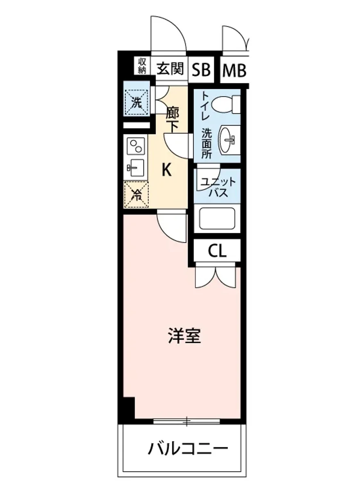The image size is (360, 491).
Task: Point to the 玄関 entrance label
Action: [x=170, y=70]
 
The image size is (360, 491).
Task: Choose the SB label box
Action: [x=201, y=70]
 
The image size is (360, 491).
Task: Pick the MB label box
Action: [x=234, y=71]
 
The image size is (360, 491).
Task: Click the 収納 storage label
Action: [x=142, y=65]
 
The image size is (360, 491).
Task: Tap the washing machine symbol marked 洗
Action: [x=136, y=102]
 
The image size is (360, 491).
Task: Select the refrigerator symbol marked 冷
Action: [x=136, y=194]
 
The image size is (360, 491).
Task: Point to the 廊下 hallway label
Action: [x=172, y=120]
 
